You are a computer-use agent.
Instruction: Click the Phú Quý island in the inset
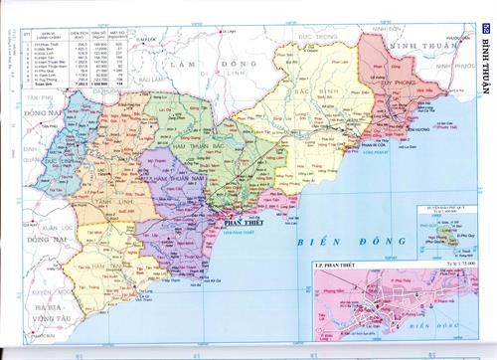(x=448, y=237)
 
